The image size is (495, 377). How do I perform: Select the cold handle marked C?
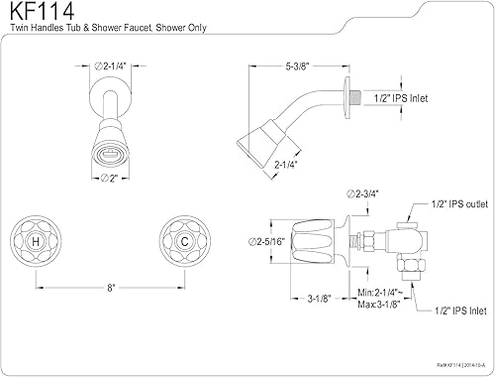tap(182, 241)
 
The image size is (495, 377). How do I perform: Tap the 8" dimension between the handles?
tap(110, 287)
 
